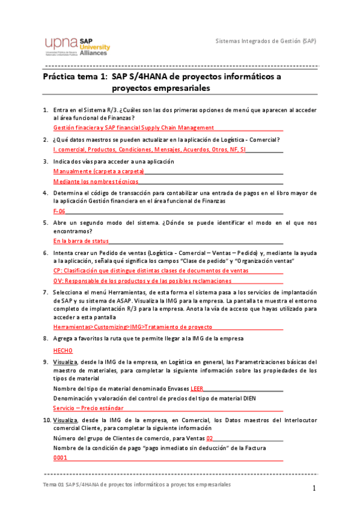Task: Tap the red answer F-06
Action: point(59,212)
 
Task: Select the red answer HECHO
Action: point(63,350)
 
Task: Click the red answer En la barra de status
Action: point(81,241)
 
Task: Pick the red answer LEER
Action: point(197,389)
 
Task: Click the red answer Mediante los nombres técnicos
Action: point(96,182)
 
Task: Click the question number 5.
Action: point(46,223)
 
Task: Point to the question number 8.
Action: point(46,339)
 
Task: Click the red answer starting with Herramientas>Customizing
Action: point(132,327)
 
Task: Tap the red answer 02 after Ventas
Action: point(209,439)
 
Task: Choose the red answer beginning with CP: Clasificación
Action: point(150,271)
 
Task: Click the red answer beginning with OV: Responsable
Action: point(142,281)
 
